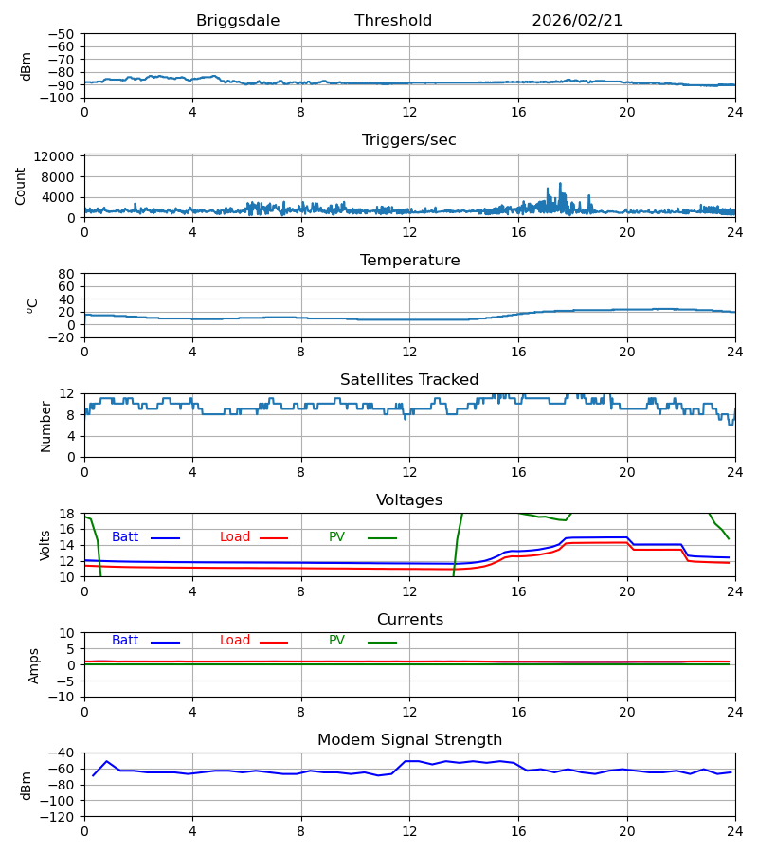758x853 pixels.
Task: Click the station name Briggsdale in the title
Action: [238, 21]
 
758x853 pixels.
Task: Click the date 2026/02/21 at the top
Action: [577, 21]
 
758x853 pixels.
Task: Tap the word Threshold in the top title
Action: [393, 21]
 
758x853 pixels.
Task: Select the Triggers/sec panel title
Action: [409, 140]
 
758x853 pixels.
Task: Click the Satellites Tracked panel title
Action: [409, 380]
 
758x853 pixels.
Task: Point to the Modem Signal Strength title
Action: [409, 740]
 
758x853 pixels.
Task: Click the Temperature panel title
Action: [409, 261]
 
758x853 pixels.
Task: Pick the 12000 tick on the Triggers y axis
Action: [59, 156]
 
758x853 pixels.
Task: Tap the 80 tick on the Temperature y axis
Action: [66, 274]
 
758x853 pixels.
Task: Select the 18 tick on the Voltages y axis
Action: [66, 514]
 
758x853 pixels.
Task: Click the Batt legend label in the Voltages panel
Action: [125, 537]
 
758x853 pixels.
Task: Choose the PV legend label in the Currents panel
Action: [336, 641]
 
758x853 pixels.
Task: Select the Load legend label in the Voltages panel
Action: [235, 537]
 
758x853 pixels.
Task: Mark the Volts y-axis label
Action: [46, 545]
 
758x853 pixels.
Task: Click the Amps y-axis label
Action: [35, 665]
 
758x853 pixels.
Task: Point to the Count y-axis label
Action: [21, 186]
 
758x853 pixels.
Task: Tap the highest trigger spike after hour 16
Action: [560, 183]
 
